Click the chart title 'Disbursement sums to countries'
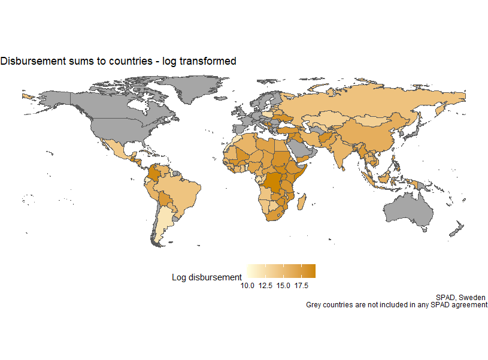[x=118, y=61]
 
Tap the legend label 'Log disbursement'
[x=207, y=277]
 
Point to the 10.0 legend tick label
[x=248, y=285]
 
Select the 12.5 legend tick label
[x=266, y=285]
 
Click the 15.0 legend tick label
[x=284, y=285]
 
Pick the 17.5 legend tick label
[x=302, y=285]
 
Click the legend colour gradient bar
[x=281, y=271]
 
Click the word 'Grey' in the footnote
[x=316, y=305]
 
